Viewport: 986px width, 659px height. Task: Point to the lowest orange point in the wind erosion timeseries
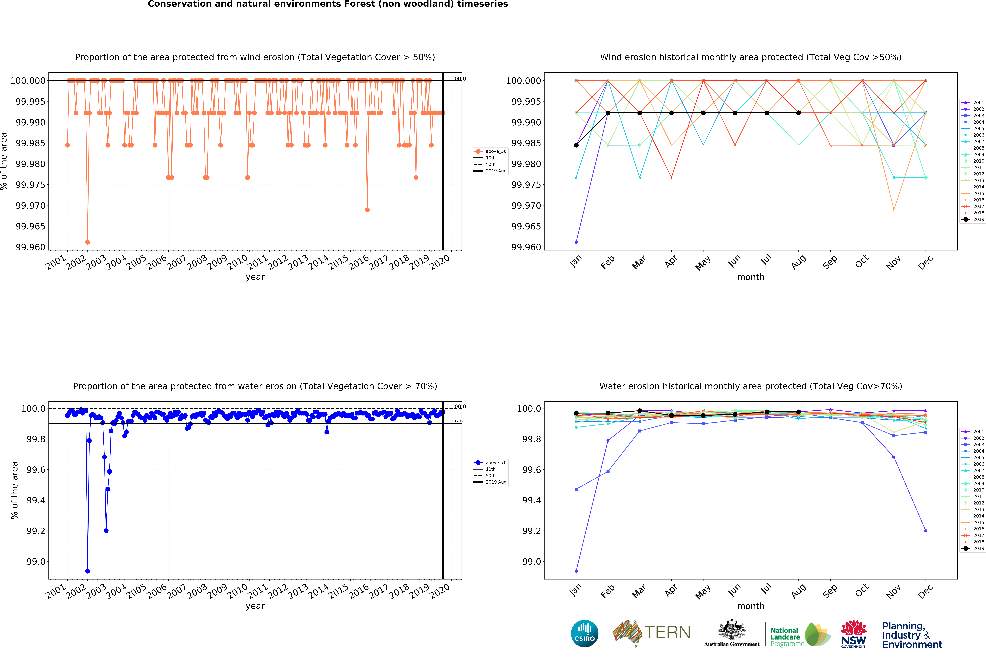coord(87,242)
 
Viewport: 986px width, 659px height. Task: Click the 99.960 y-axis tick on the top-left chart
coord(30,247)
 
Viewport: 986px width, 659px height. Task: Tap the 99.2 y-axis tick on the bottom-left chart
coord(36,531)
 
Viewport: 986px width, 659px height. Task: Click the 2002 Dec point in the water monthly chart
coord(925,530)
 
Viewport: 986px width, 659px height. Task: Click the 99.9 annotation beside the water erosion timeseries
coord(457,422)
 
